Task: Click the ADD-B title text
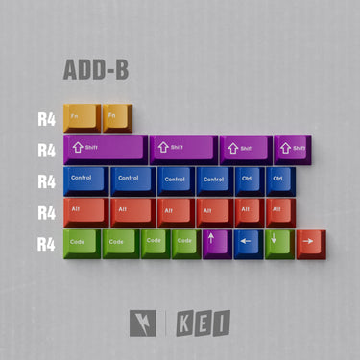click(96, 70)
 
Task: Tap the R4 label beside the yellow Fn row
click(47, 119)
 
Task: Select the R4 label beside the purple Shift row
click(47, 150)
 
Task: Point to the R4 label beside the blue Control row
click(47, 180)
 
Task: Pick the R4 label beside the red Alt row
click(47, 211)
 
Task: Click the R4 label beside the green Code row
click(47, 243)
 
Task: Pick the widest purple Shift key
click(105, 149)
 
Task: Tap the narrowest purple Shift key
click(294, 149)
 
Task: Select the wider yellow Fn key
click(82, 117)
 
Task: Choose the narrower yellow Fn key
click(118, 117)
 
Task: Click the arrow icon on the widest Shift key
click(79, 147)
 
